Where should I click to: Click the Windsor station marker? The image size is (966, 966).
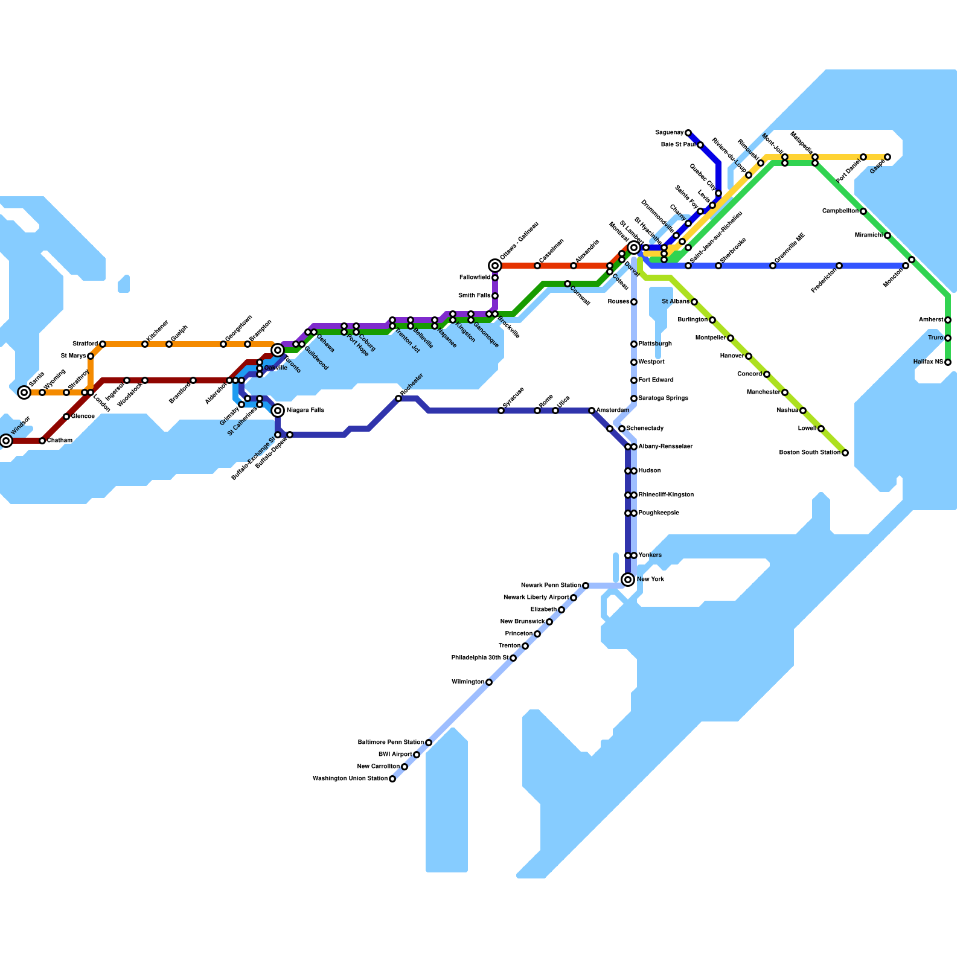click(6, 441)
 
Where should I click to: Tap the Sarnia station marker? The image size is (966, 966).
click(24, 392)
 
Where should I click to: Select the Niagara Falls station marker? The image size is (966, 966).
click(278, 411)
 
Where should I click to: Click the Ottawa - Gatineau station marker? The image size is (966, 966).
click(495, 266)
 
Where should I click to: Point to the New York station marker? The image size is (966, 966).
click(628, 580)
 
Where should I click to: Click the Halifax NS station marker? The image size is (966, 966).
click(948, 362)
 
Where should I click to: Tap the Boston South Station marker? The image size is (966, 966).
click(845, 453)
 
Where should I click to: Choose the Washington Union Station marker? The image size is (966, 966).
click(392, 779)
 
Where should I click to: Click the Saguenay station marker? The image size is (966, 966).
click(688, 133)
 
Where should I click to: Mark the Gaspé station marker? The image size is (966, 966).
click(888, 157)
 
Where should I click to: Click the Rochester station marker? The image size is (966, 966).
click(398, 398)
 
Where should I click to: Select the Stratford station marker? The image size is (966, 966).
click(103, 344)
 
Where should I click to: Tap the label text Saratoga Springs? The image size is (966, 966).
click(663, 398)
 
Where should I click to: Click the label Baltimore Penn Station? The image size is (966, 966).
click(390, 743)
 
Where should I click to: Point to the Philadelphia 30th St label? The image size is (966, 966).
click(479, 658)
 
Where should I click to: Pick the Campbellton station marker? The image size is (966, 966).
click(863, 211)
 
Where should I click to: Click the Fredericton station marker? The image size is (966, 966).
click(839, 266)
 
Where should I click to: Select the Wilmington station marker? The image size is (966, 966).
click(489, 682)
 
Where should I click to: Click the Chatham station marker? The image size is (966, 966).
click(42, 441)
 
